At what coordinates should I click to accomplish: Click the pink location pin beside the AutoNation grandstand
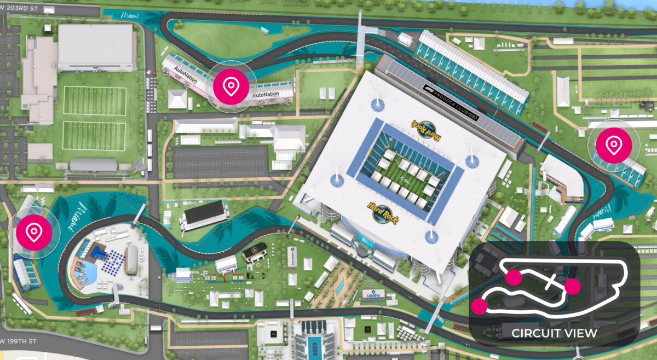[231, 86]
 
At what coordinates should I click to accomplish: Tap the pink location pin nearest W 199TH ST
[34, 233]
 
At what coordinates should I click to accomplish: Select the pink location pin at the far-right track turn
[614, 146]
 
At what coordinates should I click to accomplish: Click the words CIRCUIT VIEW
[554, 333]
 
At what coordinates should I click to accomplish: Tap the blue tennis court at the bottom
[314, 346]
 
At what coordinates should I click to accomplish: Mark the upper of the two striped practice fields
[95, 100]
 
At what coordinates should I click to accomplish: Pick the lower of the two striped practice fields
[95, 135]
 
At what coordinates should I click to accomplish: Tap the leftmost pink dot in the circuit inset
[479, 306]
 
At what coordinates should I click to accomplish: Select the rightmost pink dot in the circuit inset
[572, 286]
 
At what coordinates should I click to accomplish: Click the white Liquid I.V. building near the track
[372, 295]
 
